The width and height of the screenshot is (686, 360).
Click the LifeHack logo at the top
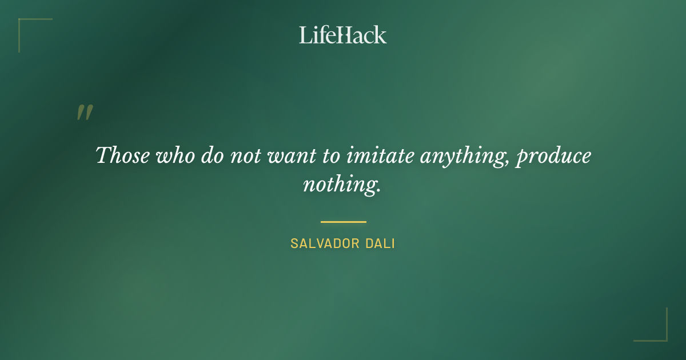[x=342, y=35]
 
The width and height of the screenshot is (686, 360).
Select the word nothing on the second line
[x=338, y=185]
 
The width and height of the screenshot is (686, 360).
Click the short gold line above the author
[x=343, y=222]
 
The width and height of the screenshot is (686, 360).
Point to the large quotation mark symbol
[x=84, y=113]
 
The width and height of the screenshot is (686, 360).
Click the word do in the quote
[x=211, y=155]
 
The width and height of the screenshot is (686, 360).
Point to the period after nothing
[x=378, y=190]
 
